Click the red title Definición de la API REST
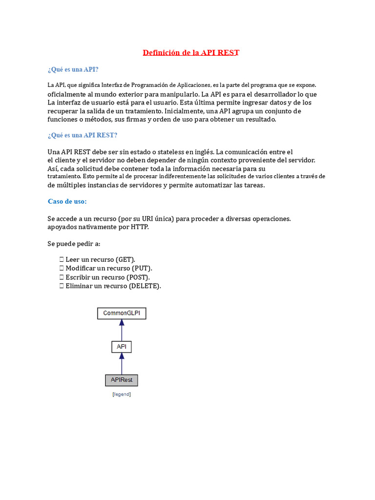click(x=191, y=52)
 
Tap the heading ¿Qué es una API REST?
click(x=83, y=135)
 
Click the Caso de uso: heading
click(x=67, y=201)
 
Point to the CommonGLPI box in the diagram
click(x=122, y=313)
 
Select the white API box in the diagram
click(x=122, y=347)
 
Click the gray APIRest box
click(x=122, y=380)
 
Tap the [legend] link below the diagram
click(x=122, y=394)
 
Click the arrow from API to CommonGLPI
click(x=122, y=330)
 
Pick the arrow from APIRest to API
click(x=122, y=363)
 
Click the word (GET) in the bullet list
click(x=125, y=259)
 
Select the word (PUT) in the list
click(x=142, y=268)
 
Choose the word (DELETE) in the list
click(x=145, y=286)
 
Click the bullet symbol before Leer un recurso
click(x=62, y=259)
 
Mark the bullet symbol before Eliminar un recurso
click(x=62, y=286)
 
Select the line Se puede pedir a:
click(x=74, y=243)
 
